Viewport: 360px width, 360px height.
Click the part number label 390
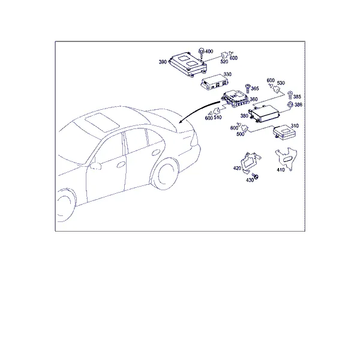(x=163, y=62)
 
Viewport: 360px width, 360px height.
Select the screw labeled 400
(x=202, y=53)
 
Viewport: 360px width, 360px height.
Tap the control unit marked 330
(x=215, y=82)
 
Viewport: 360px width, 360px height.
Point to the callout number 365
(x=255, y=89)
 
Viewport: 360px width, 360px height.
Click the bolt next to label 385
(x=290, y=95)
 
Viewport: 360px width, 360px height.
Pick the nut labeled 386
(x=290, y=104)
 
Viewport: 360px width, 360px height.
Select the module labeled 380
(x=265, y=113)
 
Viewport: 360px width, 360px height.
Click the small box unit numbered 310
(x=284, y=133)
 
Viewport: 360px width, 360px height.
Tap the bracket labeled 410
(x=286, y=159)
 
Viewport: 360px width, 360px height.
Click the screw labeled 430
(x=256, y=176)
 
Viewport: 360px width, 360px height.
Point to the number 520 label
(x=224, y=62)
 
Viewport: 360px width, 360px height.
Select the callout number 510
(x=218, y=118)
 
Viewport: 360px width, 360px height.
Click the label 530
(x=281, y=83)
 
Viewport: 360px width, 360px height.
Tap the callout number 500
(x=241, y=134)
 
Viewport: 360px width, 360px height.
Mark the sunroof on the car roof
(x=102, y=122)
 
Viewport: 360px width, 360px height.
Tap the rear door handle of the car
(x=156, y=152)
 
